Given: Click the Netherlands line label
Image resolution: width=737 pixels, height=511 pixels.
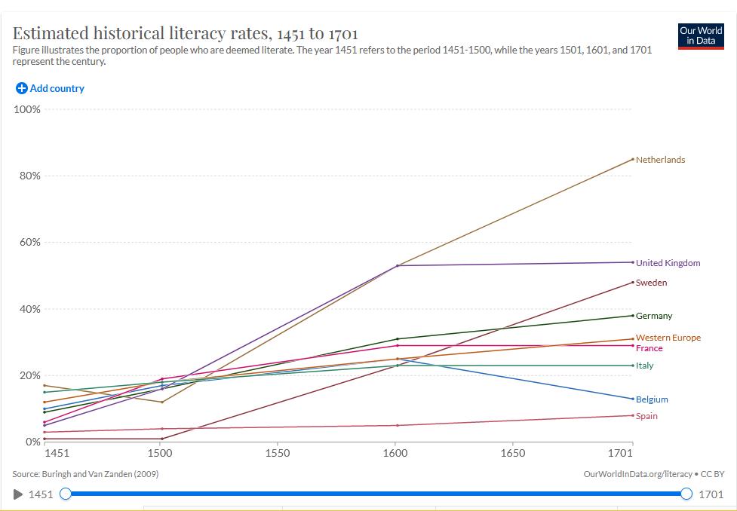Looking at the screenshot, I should click(660, 160).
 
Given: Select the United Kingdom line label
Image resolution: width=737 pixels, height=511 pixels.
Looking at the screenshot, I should click(668, 263).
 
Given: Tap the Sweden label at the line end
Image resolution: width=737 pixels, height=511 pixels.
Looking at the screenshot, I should click(651, 283).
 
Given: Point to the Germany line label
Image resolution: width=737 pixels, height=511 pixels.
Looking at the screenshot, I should click(653, 316).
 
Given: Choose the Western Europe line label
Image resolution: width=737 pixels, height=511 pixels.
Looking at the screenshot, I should click(668, 338).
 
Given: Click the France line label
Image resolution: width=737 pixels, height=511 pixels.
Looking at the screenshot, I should click(649, 348).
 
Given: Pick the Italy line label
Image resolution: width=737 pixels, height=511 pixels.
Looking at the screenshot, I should click(644, 366).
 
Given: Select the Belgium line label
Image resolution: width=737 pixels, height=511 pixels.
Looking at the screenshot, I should click(651, 399).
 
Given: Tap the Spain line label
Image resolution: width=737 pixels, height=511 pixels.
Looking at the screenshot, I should click(646, 416).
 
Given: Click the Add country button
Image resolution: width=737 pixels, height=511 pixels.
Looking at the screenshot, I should click(50, 88).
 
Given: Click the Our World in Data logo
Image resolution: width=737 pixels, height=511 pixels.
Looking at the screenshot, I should click(701, 35).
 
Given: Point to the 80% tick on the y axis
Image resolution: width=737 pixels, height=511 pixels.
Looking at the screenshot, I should click(29, 176).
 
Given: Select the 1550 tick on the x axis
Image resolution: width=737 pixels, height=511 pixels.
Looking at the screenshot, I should click(278, 453).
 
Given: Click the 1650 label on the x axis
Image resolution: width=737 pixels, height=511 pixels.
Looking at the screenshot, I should click(513, 453).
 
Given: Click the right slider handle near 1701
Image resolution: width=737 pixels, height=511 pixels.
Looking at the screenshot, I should click(686, 494).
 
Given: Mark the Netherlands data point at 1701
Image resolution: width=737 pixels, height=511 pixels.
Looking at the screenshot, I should click(633, 159).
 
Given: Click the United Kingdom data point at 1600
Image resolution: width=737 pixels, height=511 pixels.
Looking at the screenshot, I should click(398, 265).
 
